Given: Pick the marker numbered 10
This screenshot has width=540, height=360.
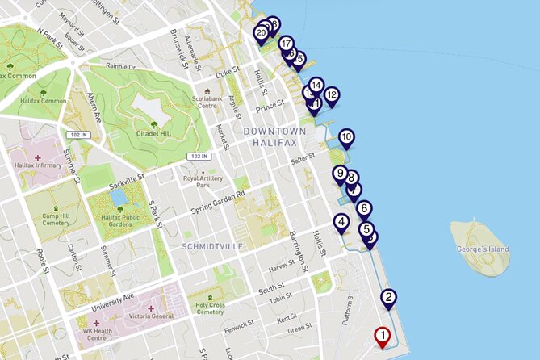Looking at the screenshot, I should (x=346, y=138).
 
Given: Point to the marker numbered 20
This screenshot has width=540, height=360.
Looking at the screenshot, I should (x=261, y=33).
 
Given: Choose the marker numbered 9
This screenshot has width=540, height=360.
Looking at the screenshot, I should (x=340, y=174).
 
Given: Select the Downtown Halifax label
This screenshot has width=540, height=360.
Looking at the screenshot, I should (x=274, y=136).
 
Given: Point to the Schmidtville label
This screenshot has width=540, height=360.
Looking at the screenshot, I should (x=211, y=245).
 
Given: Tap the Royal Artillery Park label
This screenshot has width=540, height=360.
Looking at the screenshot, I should (x=203, y=181).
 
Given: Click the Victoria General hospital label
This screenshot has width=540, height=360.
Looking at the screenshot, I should (x=145, y=316).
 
